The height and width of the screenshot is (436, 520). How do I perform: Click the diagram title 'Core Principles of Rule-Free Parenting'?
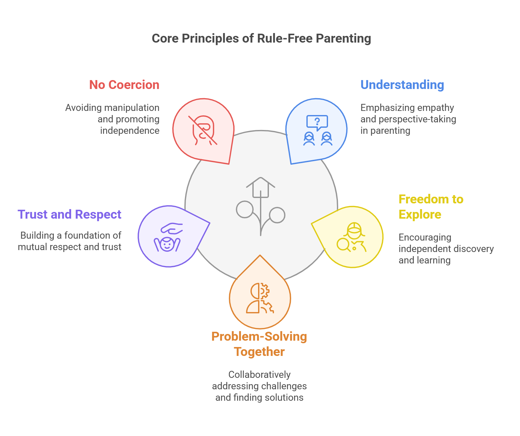[x=261, y=38]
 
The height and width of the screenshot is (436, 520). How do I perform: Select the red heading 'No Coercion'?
[x=124, y=85]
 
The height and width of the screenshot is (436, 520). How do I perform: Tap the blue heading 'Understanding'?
[x=402, y=85]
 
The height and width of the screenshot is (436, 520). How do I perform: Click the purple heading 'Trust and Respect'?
[x=69, y=215]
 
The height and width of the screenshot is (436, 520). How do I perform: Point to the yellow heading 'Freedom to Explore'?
[x=431, y=207]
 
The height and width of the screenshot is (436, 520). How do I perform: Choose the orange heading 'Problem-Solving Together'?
[x=259, y=344]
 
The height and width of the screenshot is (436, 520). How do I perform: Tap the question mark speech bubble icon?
[x=317, y=123]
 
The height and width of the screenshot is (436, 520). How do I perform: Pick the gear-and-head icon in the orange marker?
[x=260, y=298]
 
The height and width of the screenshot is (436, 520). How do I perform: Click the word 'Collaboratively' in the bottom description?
[x=259, y=375]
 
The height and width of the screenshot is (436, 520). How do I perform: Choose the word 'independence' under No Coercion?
[x=130, y=131]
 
